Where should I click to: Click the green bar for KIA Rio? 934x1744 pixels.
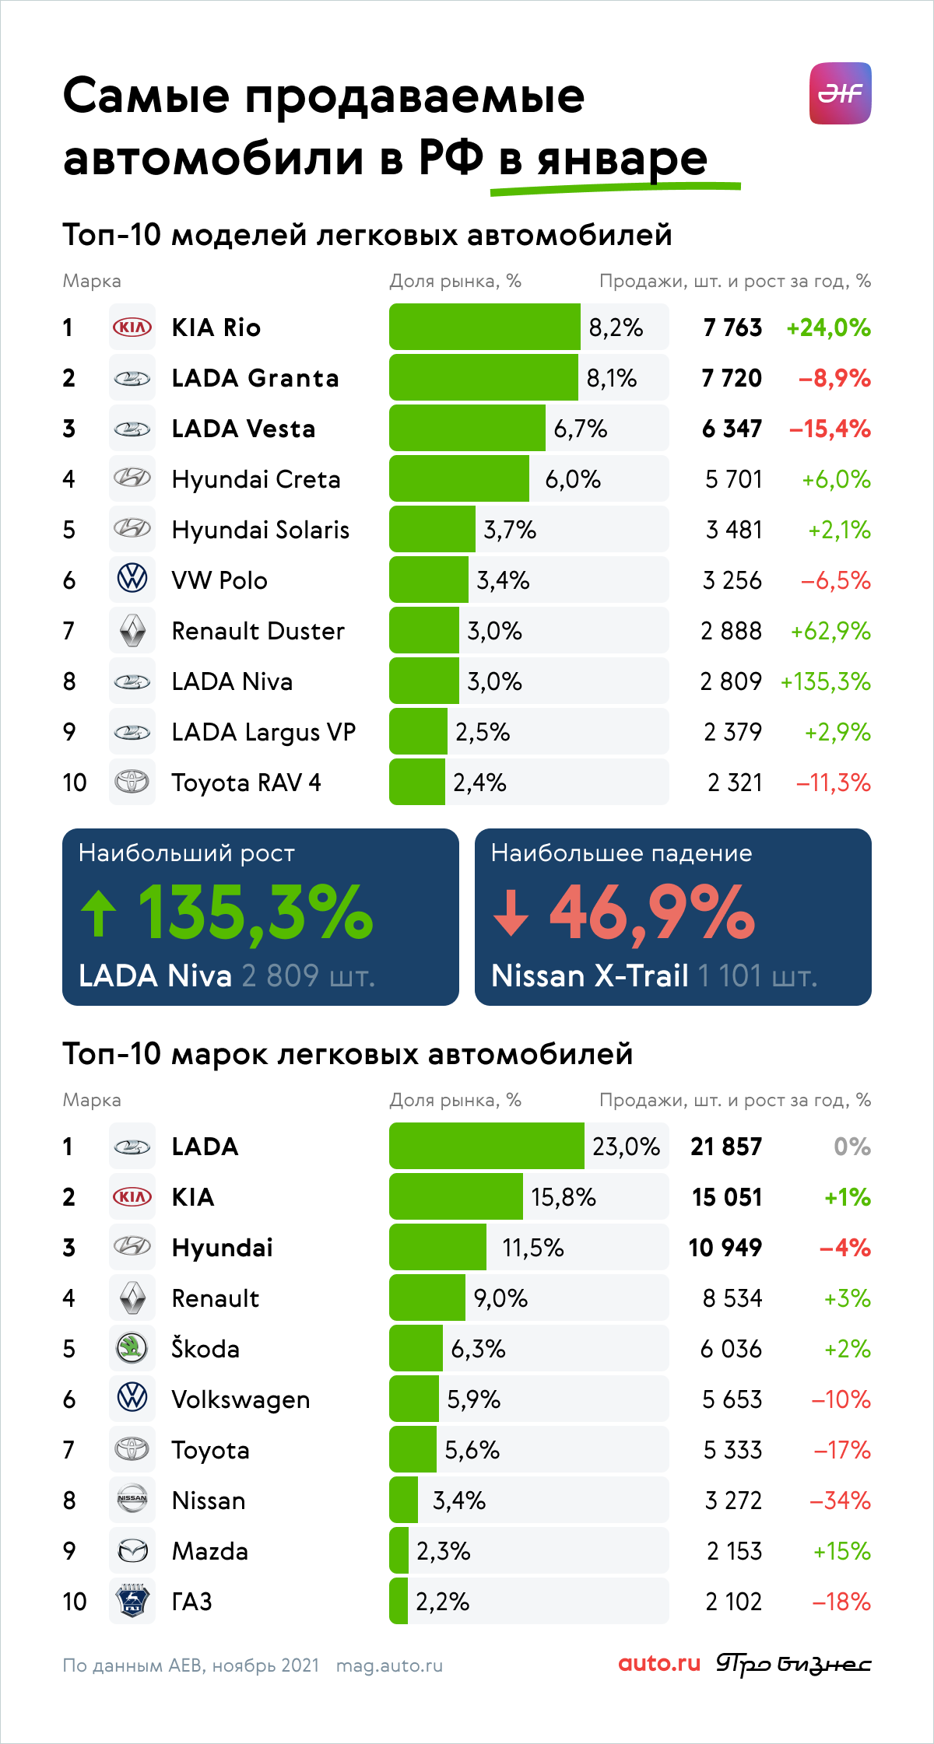pyautogui.click(x=484, y=327)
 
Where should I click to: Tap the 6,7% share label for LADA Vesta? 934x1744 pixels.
pyautogui.click(x=581, y=429)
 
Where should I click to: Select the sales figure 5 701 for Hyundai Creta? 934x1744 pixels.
pyautogui.click(x=733, y=479)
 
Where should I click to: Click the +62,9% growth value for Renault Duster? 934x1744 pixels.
pyautogui.click(x=830, y=631)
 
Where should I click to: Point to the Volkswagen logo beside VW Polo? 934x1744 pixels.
pyautogui.click(x=132, y=580)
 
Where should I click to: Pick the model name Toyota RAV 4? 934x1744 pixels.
pyautogui.click(x=246, y=783)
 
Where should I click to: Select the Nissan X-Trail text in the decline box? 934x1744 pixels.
pyautogui.click(x=590, y=975)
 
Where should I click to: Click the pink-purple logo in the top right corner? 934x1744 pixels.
pyautogui.click(x=841, y=93)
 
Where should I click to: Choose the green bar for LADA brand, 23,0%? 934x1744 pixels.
pyautogui.click(x=486, y=1146)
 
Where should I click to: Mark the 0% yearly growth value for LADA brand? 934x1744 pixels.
pyautogui.click(x=852, y=1147)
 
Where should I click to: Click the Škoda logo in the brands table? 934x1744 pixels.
pyautogui.click(x=132, y=1348)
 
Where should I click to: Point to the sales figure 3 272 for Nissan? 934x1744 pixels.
pyautogui.click(x=733, y=1501)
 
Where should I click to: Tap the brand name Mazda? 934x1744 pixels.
pyautogui.click(x=210, y=1551)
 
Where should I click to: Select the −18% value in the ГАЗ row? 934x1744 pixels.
pyautogui.click(x=841, y=1602)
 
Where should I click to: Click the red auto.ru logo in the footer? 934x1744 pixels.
pyautogui.click(x=659, y=1664)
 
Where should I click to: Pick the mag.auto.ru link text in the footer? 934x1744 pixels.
pyautogui.click(x=389, y=1665)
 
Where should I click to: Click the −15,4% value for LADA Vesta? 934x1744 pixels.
pyautogui.click(x=830, y=429)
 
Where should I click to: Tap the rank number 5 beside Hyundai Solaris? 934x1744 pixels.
pyautogui.click(x=69, y=530)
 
